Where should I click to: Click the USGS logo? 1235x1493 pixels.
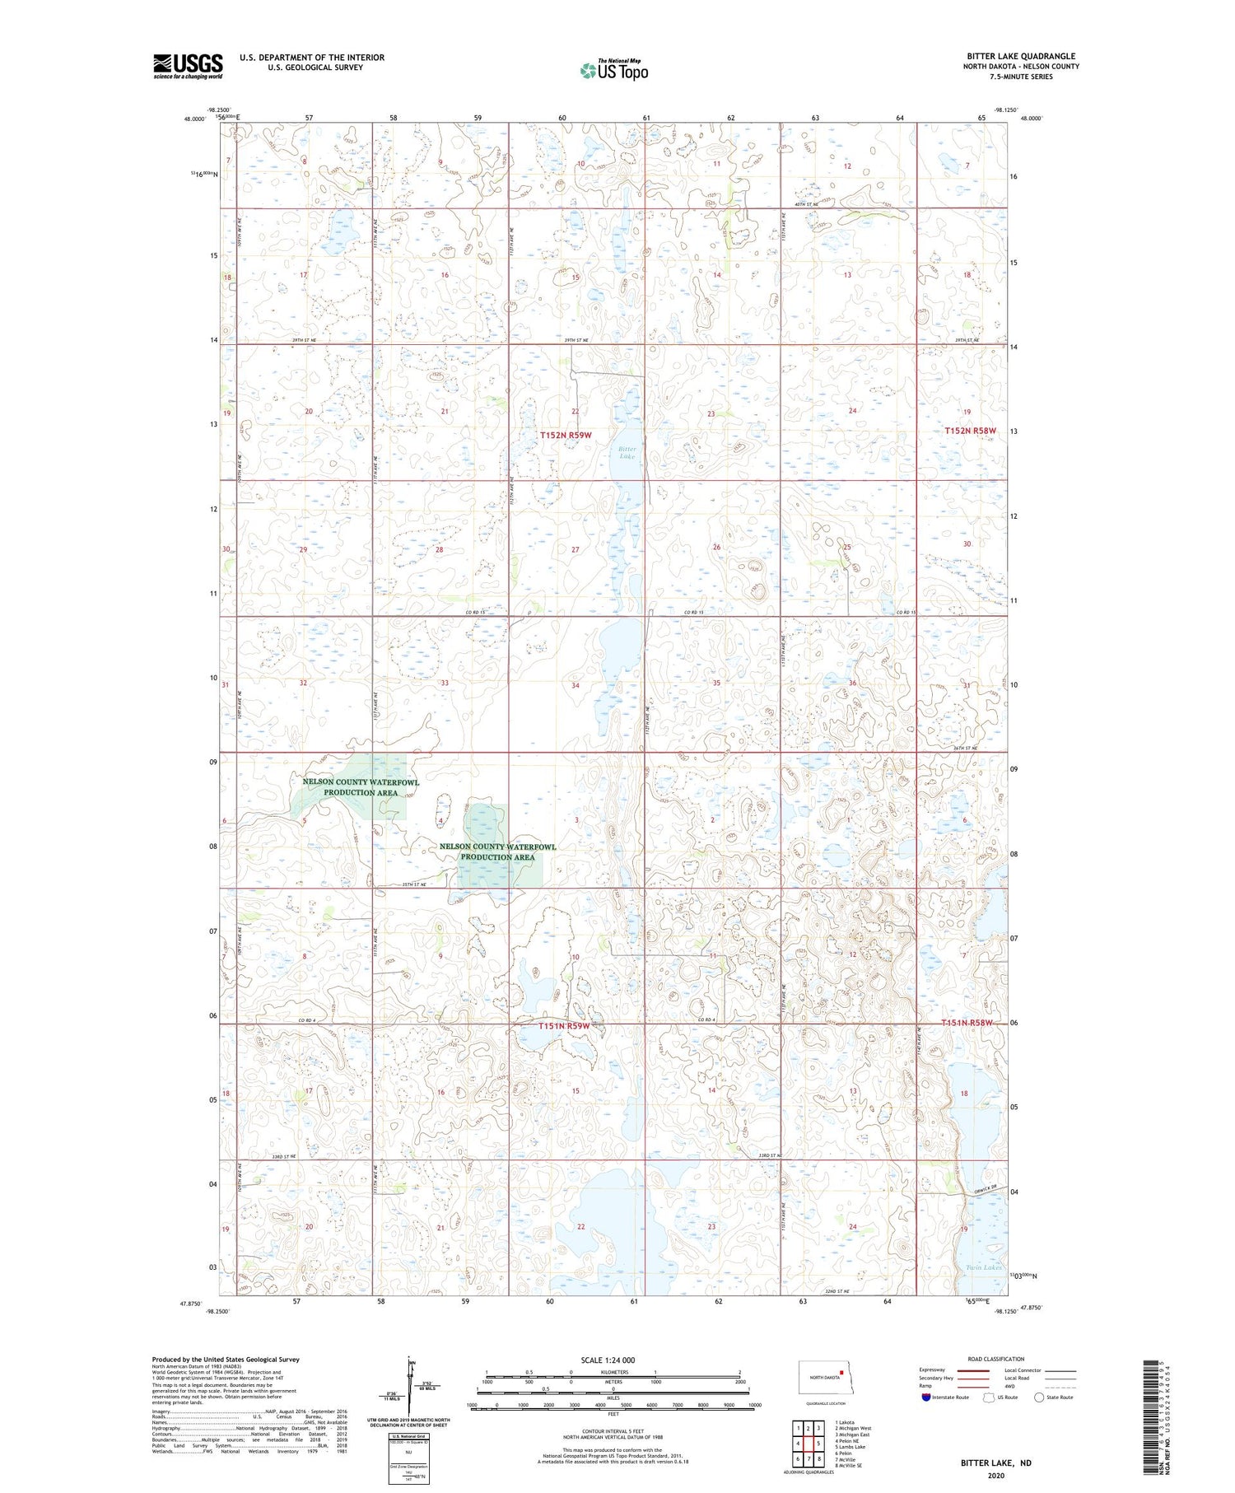(188, 66)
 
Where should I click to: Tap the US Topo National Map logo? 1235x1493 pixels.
(613, 70)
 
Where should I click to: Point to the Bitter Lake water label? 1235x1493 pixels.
(627, 452)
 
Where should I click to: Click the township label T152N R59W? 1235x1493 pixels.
(566, 435)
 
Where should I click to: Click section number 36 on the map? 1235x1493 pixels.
(852, 684)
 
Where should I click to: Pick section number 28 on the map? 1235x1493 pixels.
(439, 549)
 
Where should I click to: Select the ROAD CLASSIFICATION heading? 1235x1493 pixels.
(995, 1359)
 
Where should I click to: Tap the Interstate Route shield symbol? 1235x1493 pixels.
(926, 1397)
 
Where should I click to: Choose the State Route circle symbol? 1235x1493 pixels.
(1039, 1397)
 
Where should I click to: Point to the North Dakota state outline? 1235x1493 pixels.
(822, 1377)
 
